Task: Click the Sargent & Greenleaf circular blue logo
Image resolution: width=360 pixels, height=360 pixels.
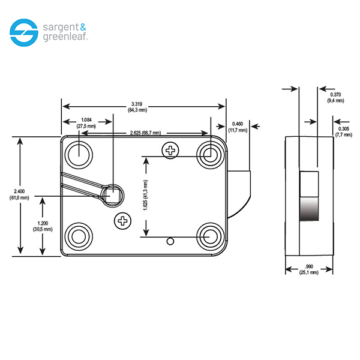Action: point(24,32)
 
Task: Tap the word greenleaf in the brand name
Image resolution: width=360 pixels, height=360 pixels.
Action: point(65,37)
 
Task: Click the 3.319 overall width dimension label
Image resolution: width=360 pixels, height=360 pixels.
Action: point(137,107)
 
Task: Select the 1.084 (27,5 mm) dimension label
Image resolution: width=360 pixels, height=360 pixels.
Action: point(86,123)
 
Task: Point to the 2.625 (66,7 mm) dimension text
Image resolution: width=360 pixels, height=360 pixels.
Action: point(145,133)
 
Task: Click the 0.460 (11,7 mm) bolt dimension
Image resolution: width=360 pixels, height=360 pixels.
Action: point(238,127)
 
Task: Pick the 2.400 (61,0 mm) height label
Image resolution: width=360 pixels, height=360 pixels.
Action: point(19,194)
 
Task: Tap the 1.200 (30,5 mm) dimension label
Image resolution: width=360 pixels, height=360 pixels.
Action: point(43,226)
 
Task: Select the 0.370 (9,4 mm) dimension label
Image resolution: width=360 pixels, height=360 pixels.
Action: point(335,97)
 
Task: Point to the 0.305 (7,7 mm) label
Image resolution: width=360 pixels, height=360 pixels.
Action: point(344,131)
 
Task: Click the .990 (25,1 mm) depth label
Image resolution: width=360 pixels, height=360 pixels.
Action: point(309,269)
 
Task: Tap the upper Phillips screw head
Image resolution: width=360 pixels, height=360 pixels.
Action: point(170,151)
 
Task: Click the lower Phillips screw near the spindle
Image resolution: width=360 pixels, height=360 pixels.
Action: point(122,221)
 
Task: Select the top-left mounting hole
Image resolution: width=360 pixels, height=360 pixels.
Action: point(79,155)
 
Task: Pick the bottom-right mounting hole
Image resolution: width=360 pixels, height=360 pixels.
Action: point(211,236)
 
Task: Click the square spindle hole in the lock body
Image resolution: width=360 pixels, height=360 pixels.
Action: point(112,196)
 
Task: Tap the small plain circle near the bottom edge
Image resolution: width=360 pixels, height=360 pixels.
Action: point(170,241)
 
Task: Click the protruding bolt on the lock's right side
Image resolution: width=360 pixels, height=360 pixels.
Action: point(239,194)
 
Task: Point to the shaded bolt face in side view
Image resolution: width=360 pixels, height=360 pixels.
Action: point(309,209)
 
